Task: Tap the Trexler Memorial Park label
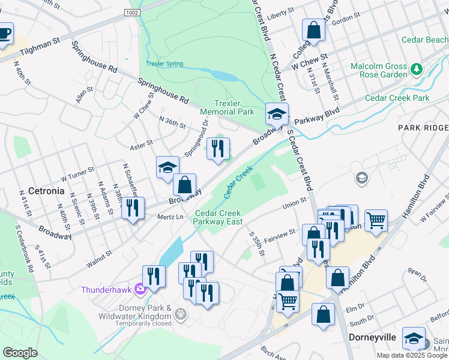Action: click(x=227, y=108)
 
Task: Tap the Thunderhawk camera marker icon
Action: click(x=140, y=289)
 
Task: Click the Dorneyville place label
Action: click(x=372, y=338)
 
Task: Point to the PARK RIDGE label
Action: click(x=423, y=128)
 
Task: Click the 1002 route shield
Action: click(x=133, y=13)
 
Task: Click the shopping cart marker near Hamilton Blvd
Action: click(x=376, y=220)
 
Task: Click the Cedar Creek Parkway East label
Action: click(x=217, y=217)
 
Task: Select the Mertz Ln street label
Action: click(x=170, y=217)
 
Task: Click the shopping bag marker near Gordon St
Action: click(x=313, y=29)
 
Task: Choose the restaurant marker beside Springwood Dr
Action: click(x=218, y=148)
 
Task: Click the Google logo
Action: click(x=20, y=353)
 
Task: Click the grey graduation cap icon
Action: click(x=361, y=178)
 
